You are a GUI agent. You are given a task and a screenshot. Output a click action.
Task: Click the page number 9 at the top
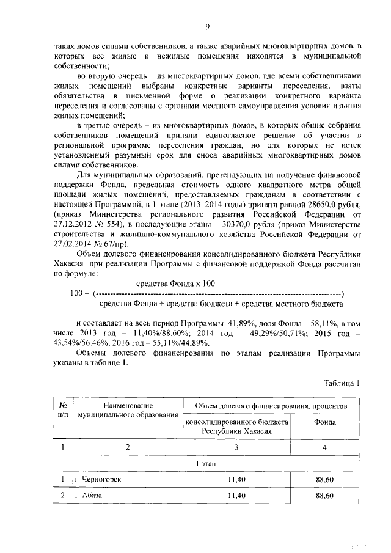[x=208, y=26]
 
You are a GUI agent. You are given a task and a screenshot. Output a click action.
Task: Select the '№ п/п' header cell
[x=62, y=410]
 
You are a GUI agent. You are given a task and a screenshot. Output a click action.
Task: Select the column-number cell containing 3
[x=236, y=447]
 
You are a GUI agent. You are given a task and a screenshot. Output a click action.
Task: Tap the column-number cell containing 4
[x=324, y=447]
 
